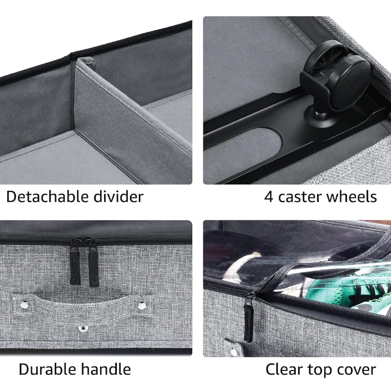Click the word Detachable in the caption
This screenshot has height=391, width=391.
pos(47,197)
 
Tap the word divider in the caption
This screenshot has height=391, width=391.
pos(119,197)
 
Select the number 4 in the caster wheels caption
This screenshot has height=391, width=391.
pos(268,197)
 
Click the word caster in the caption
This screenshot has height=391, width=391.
pos(300,197)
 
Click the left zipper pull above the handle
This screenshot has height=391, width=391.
pos(75,261)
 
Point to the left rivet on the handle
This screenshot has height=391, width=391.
pos(24,304)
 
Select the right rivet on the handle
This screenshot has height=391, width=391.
pos(142,305)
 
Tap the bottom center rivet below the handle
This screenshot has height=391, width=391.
pos(83,328)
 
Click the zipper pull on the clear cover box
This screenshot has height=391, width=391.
pos(249,317)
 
